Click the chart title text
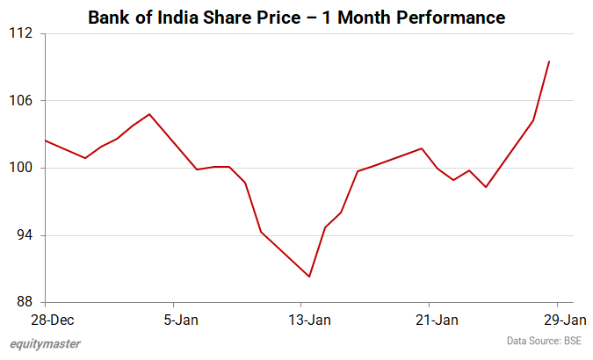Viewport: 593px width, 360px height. point(297,17)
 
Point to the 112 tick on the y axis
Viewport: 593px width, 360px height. point(22,33)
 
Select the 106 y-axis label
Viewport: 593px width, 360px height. point(22,101)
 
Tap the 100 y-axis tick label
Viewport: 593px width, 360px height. point(22,168)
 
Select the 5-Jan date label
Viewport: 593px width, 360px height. point(181,319)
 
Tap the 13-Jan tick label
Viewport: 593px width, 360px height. point(310,319)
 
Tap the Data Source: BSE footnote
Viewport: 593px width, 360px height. point(544,341)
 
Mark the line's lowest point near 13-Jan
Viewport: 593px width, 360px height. point(309,277)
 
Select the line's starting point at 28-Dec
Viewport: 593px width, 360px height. point(45,140)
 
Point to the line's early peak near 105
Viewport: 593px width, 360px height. point(149,114)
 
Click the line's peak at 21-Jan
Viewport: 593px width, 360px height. point(422,148)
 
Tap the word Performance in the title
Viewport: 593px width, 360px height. point(456,17)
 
